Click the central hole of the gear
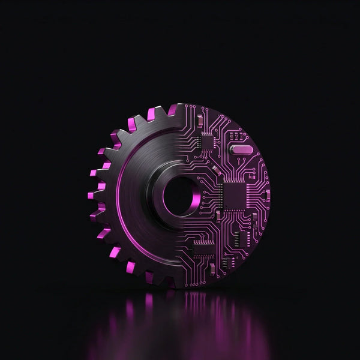179,195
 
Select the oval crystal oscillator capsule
242,149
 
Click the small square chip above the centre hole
207,142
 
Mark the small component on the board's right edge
267,195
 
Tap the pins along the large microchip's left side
223,194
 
